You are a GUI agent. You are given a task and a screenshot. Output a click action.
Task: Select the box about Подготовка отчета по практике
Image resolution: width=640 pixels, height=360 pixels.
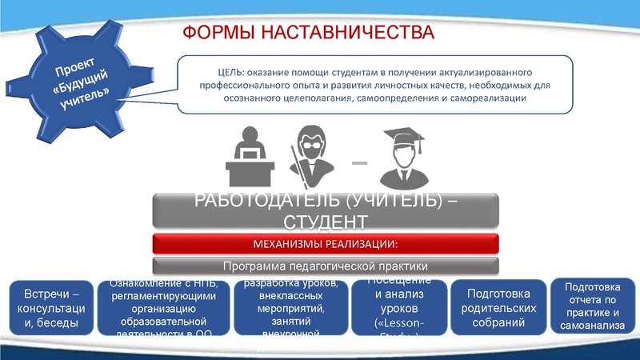click(x=592, y=305)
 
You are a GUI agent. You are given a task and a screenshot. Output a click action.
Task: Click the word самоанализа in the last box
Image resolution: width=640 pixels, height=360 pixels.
click(x=592, y=326)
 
